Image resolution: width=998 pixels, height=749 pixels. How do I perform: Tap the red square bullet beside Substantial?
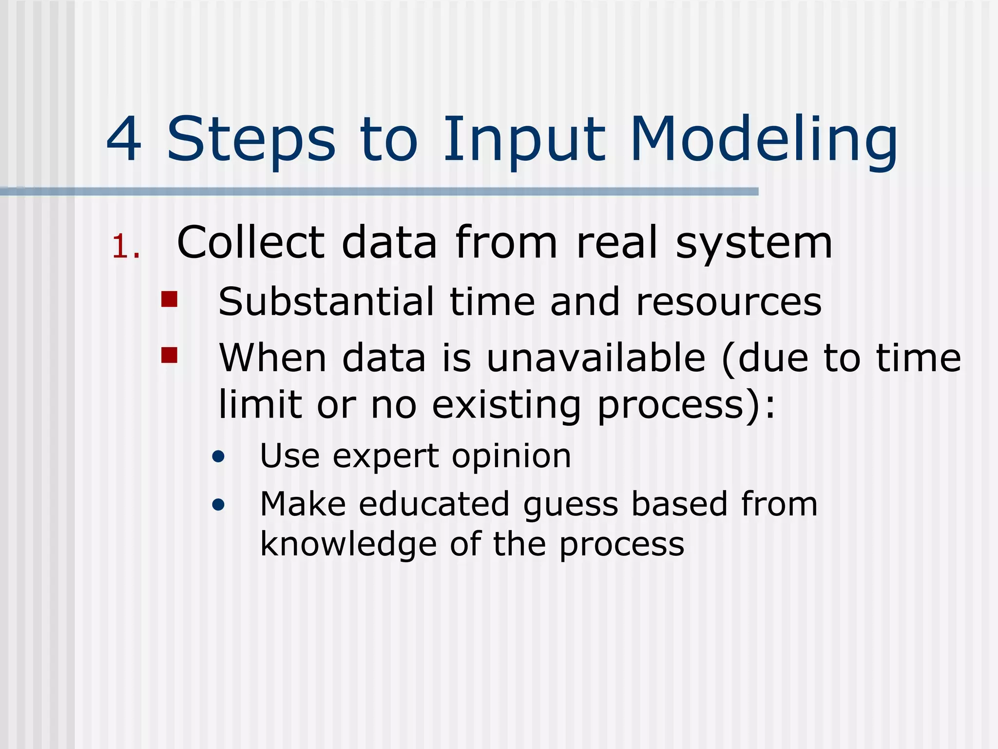pos(169,299)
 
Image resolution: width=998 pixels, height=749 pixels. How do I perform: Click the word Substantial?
pos(326,302)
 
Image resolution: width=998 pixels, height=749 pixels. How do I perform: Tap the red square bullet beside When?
pos(169,355)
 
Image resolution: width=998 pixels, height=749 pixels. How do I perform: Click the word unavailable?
pos(596,358)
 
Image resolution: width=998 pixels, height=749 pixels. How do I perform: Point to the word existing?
pos(506,405)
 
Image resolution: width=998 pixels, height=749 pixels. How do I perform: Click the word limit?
pos(260,404)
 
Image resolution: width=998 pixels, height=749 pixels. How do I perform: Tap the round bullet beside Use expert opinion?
pos(219,457)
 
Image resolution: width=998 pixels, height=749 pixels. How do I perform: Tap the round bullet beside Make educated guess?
pos(219,505)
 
